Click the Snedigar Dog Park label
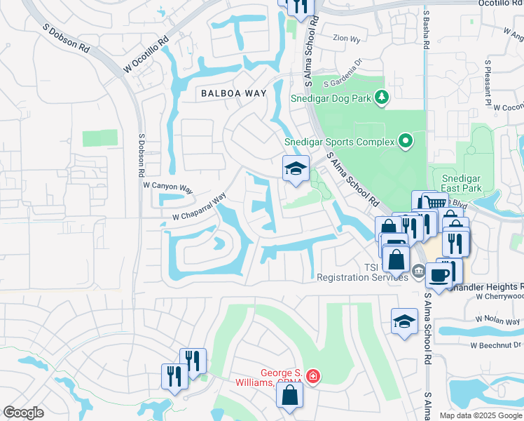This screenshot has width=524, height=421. [331, 98]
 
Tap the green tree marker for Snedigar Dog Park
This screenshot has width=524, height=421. [382, 98]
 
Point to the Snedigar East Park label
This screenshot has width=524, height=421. [455, 185]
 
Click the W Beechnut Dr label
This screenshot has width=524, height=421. [497, 345]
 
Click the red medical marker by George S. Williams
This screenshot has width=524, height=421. [312, 377]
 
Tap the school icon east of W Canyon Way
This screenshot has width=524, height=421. [296, 169]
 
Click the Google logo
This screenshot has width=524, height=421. [23, 413]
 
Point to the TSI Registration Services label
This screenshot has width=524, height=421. [362, 272]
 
